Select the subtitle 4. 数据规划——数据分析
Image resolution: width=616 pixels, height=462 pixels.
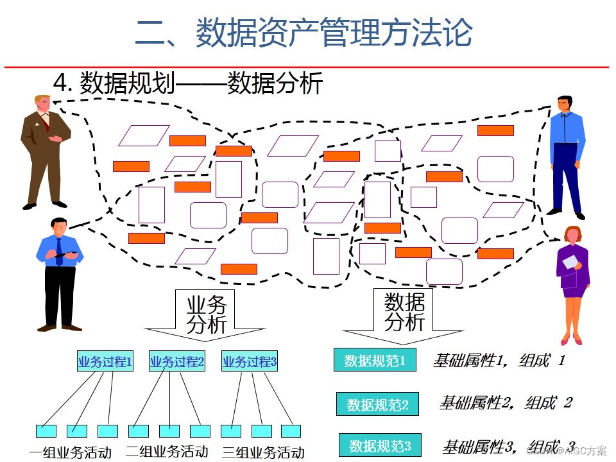click(187, 83)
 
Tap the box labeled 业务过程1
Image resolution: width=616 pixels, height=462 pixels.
click(105, 361)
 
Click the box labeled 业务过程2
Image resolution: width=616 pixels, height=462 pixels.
click(177, 361)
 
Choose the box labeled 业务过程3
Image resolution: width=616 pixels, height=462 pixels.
click(250, 361)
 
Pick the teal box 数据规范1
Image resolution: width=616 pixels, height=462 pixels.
click(375, 360)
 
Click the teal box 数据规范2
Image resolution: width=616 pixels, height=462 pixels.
click(377, 404)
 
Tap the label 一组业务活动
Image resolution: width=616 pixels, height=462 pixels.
click(71, 452)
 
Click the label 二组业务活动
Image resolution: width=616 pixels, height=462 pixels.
click(167, 450)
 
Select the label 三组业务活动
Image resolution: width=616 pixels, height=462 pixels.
click(263, 452)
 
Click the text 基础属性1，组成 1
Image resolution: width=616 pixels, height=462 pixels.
click(499, 360)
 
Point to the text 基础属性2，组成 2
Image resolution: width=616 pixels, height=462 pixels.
click(505, 403)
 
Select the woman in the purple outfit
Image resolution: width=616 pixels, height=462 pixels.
click(572, 282)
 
